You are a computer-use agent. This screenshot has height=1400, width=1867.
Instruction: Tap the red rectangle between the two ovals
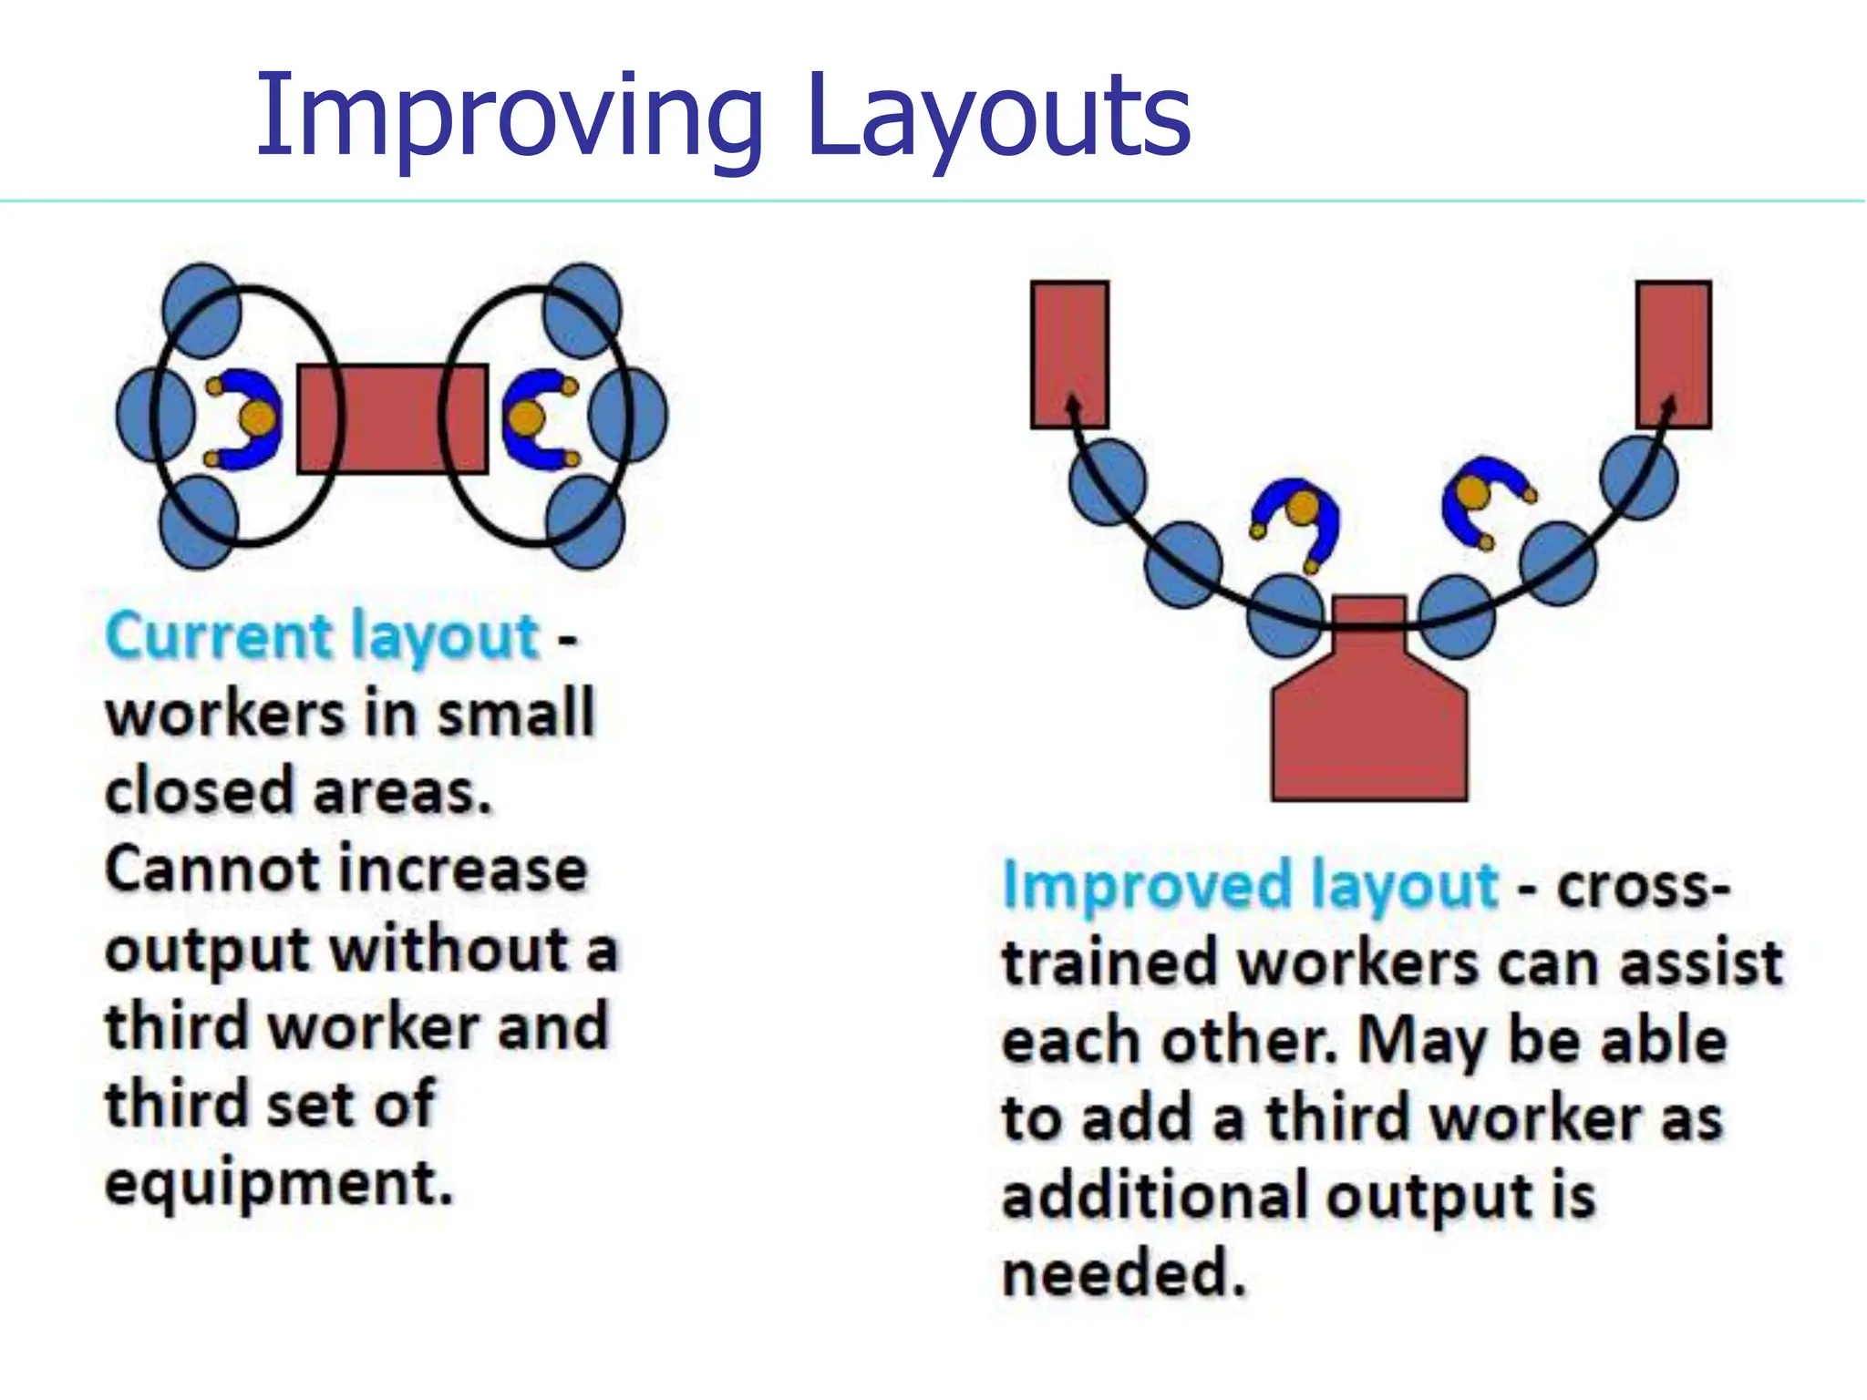click(392, 419)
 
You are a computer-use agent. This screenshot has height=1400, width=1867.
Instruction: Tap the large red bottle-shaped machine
click(1369, 720)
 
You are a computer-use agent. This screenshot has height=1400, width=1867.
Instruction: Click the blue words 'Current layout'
click(323, 636)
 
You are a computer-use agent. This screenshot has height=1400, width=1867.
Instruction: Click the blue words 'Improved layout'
click(1249, 886)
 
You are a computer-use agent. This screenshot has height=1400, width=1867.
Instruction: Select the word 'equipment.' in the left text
click(278, 1183)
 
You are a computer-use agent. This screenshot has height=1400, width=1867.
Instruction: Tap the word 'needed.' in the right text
click(1123, 1273)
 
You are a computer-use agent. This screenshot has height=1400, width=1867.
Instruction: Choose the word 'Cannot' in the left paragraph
click(211, 870)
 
